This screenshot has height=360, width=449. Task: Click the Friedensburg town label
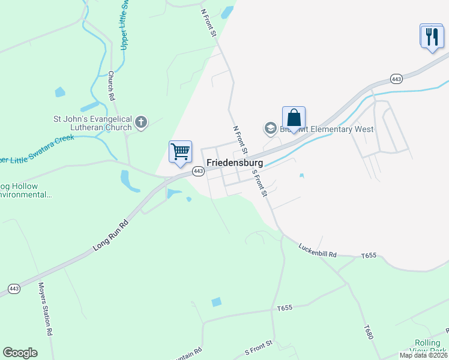[235, 163]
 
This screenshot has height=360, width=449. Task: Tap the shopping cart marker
[180, 153]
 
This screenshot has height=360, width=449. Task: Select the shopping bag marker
[294, 118]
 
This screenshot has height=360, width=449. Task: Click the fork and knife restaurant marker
[431, 37]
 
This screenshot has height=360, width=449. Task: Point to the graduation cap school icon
[270, 128]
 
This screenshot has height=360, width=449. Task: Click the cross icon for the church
[141, 123]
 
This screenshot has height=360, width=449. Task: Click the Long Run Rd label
[111, 235]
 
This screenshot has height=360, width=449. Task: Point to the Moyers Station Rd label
[46, 309]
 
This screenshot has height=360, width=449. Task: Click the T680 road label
[367, 334]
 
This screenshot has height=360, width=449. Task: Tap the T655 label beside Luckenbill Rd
[369, 256]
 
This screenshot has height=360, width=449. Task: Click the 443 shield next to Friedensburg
[198, 172]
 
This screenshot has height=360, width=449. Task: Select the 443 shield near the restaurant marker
[396, 79]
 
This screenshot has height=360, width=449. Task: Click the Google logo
[20, 353]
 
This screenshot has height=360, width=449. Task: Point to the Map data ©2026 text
[424, 355]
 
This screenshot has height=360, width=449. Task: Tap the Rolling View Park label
[427, 347]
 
